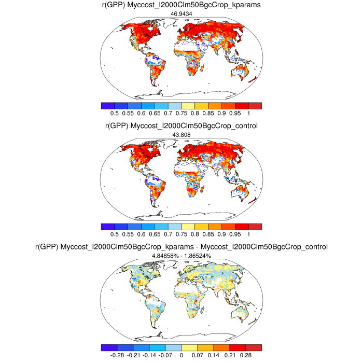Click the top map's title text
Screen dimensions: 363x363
pos(181,5)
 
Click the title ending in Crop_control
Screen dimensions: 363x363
pos(181,126)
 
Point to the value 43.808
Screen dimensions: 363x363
pos(181,135)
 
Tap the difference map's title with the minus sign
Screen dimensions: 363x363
pos(181,247)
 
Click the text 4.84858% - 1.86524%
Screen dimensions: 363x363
pos(181,256)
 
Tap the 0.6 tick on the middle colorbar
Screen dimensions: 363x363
pos(141,234)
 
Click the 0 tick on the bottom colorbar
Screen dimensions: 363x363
pos(181,356)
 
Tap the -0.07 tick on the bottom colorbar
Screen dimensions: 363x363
pos(165,356)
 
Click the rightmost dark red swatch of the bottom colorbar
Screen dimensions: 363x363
pos(254,347)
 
